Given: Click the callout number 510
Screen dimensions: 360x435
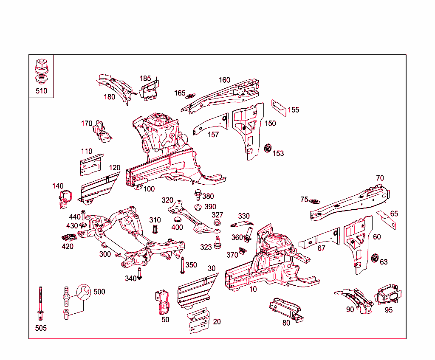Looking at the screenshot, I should click(41, 90).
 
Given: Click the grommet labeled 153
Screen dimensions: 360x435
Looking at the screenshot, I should click(268, 148).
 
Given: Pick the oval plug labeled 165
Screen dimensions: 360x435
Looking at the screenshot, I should click(191, 96).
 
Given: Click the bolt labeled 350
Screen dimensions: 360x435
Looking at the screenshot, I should click(182, 266).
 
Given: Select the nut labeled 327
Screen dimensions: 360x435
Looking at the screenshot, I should click(217, 222).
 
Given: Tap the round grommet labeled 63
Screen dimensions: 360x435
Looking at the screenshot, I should click(375, 258).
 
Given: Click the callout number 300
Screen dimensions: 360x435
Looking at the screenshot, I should click(105, 254).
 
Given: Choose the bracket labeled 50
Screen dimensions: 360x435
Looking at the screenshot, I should click(164, 302).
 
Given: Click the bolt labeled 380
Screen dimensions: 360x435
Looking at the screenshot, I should click(198, 196).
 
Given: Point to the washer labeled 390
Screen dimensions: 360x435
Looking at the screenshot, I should click(198, 207).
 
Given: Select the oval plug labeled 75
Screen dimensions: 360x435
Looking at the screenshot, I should click(315, 201).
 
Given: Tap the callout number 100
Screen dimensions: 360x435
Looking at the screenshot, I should click(149, 189).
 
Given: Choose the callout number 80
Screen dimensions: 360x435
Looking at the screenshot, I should click(286, 323).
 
